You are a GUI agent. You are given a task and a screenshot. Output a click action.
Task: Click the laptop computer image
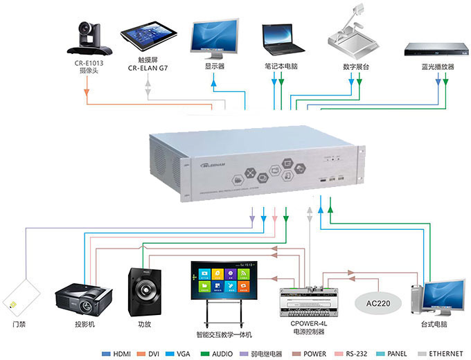(283, 40)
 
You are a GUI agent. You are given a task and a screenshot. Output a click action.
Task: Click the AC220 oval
(378, 303)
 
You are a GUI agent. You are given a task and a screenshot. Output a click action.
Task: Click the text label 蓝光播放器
(437, 67)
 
